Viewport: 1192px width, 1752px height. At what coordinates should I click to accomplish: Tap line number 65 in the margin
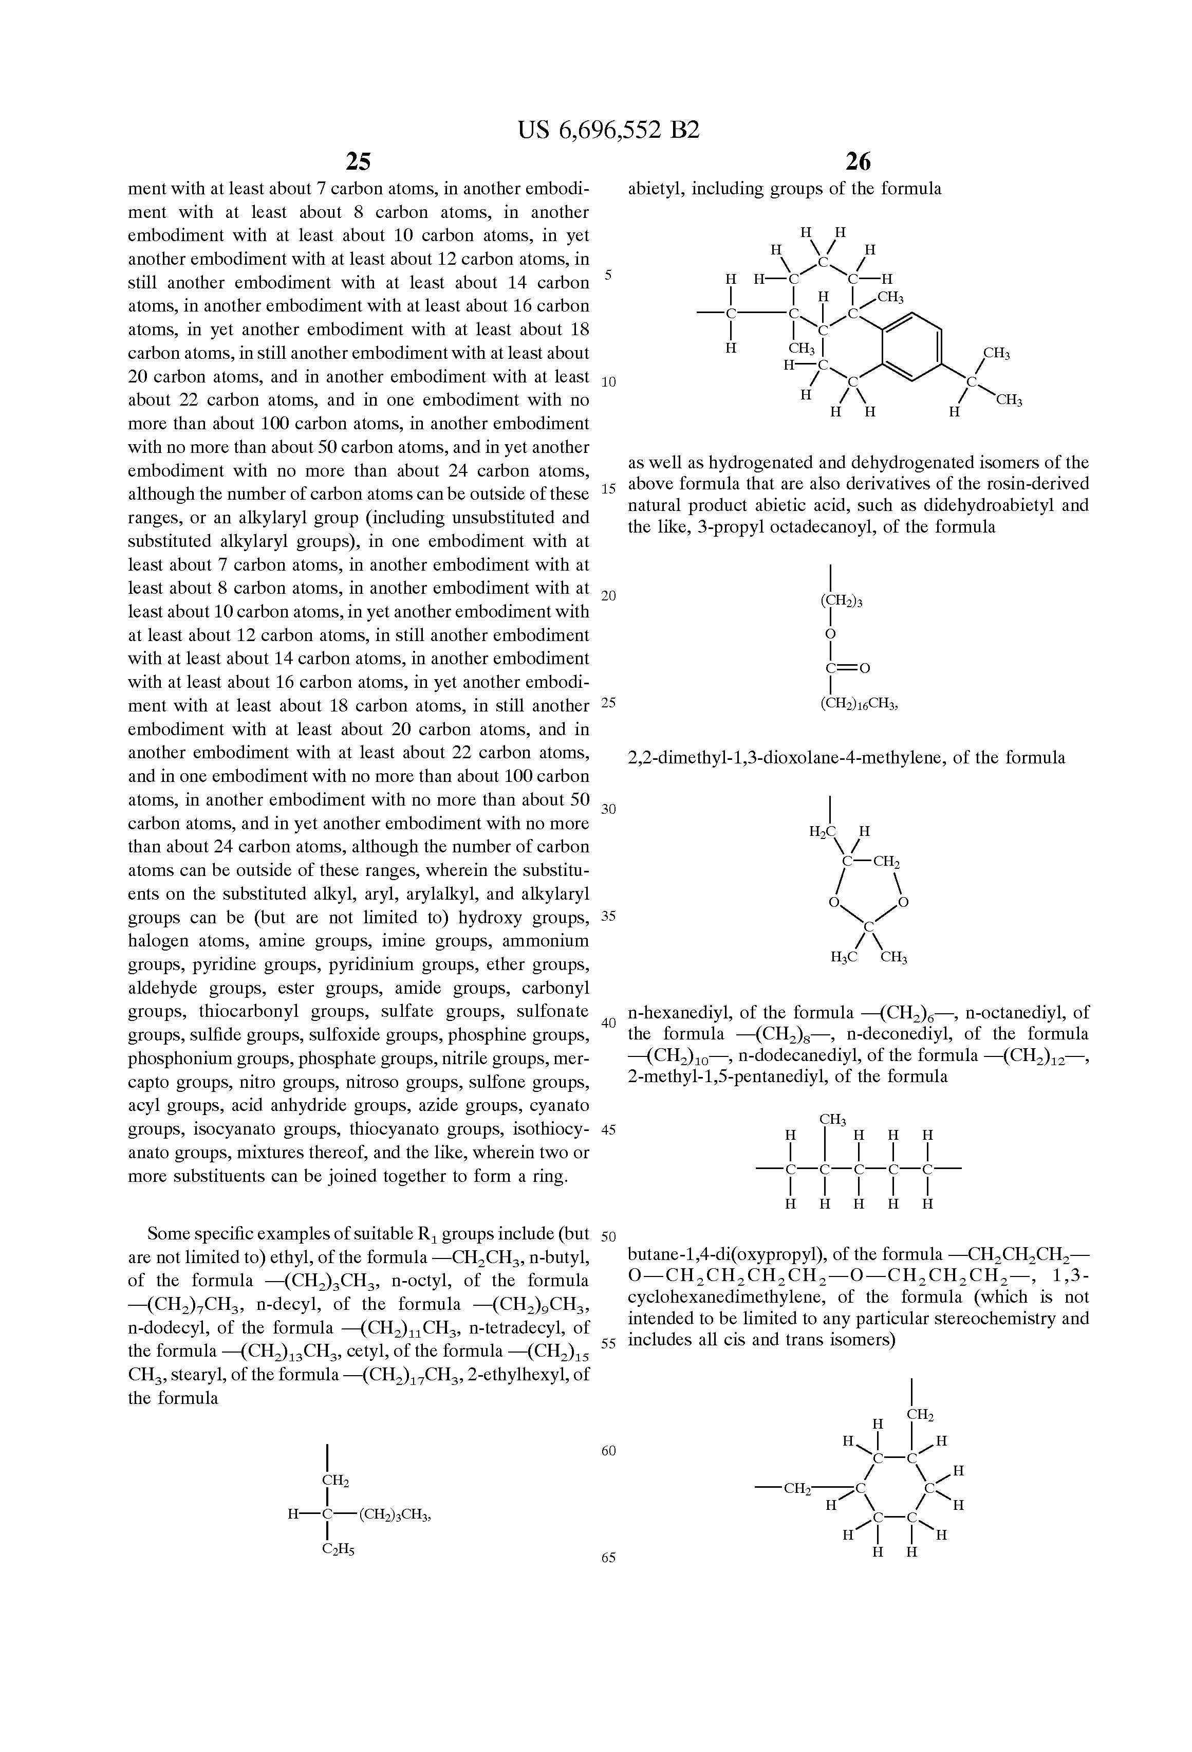point(609,1558)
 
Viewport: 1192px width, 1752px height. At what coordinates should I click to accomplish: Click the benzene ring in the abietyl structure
point(911,346)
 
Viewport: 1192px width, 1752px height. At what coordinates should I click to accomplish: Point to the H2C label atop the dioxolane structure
point(823,831)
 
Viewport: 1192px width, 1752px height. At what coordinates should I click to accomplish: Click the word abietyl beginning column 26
point(655,189)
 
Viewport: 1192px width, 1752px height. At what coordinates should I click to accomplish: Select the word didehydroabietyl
point(998,505)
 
